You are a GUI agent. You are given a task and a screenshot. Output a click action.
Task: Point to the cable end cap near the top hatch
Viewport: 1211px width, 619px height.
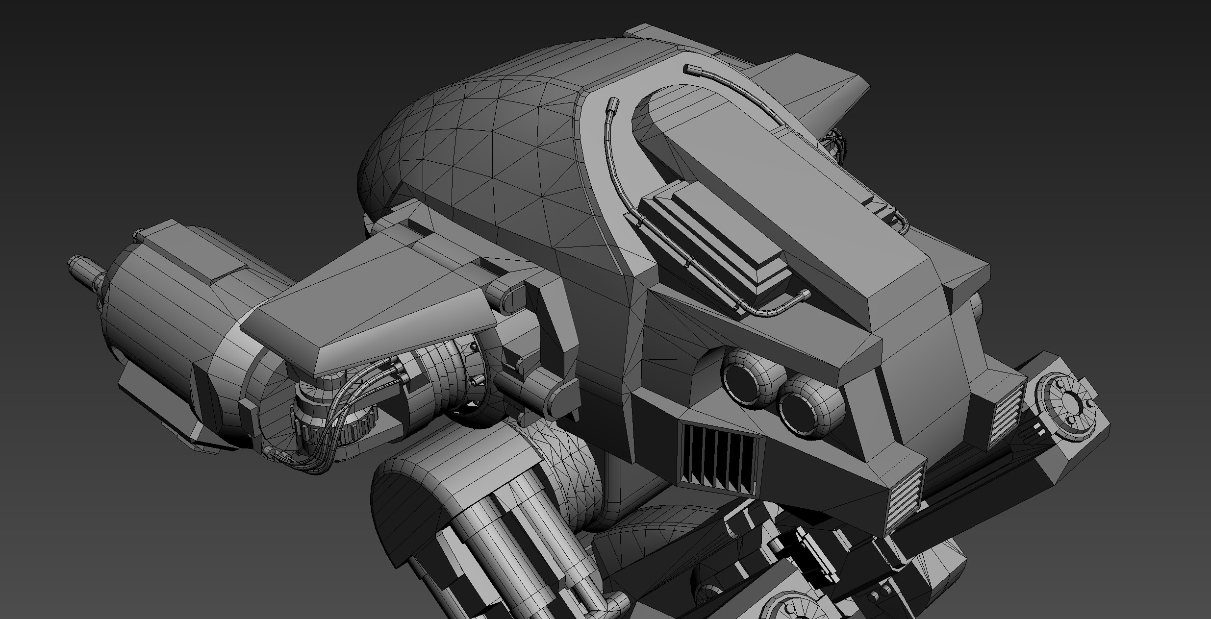612,105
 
